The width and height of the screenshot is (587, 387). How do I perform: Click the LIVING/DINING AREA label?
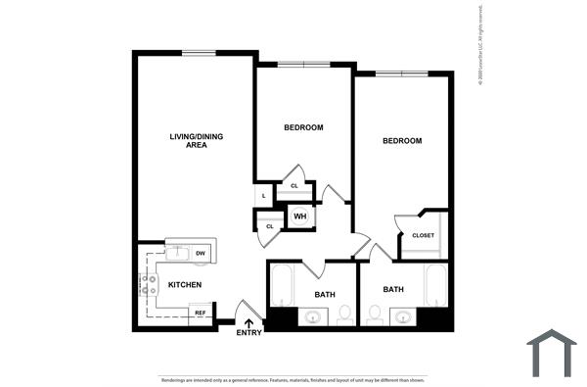196,140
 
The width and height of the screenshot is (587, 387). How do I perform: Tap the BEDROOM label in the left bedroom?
303,127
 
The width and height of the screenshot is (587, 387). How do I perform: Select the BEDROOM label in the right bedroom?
401,141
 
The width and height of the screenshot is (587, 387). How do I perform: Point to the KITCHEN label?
185,285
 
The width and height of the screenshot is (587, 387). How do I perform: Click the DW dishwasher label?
200,254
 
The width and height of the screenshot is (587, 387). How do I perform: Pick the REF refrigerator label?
200,314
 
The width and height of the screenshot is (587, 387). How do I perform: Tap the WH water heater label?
300,217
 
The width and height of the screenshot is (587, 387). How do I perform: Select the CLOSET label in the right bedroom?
423,235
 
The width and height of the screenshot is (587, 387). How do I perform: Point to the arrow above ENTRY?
248,321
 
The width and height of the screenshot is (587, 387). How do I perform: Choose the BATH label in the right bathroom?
393,289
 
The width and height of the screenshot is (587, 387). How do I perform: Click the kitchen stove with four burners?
149,285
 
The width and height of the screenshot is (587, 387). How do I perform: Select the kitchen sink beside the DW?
177,254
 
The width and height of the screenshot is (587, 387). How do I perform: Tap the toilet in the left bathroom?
344,314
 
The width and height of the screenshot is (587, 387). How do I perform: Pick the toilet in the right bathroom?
375,314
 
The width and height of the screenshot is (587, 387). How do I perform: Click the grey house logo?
552,353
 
